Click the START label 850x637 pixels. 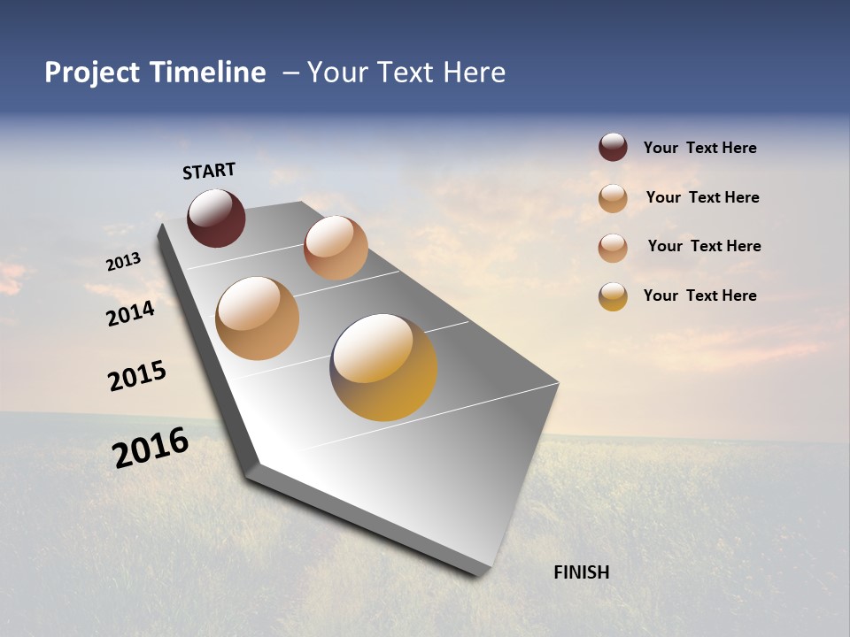pos(209,171)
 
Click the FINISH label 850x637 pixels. pos(581,572)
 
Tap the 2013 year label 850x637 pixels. pos(123,262)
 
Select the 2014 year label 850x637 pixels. pos(130,313)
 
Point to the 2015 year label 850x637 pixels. pos(137,376)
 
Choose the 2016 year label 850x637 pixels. pos(151,448)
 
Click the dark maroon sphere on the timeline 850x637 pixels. pos(216,219)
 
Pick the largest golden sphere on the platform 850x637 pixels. pos(383,367)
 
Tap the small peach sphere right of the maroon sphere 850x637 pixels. pos(336,248)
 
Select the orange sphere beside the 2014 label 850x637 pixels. pos(258,318)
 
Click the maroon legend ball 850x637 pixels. pos(613,147)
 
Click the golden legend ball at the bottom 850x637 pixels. pos(613,296)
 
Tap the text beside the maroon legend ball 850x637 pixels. pos(699,148)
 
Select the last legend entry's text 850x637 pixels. pos(699,295)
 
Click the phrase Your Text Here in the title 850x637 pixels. pos(406,73)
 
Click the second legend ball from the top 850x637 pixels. pos(613,198)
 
